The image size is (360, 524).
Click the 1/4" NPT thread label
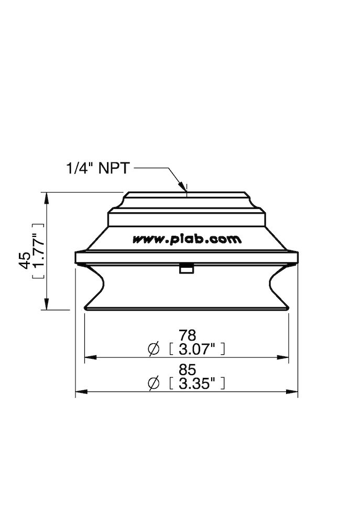(x=98, y=168)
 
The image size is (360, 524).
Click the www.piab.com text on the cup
(x=187, y=239)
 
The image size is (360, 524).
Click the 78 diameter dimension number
(x=187, y=335)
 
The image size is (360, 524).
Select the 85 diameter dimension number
(x=187, y=370)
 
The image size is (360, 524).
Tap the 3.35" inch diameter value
(x=197, y=384)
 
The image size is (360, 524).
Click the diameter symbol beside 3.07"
(x=154, y=348)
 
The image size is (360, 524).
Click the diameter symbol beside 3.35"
(x=154, y=384)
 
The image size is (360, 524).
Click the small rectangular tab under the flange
(x=186, y=269)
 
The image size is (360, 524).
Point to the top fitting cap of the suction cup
(x=187, y=200)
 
